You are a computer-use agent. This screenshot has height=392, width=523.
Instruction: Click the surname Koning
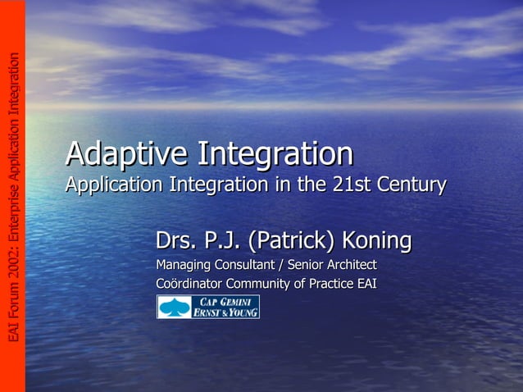pos(376,241)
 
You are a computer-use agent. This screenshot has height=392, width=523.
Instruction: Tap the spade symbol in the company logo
pos(173,307)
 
